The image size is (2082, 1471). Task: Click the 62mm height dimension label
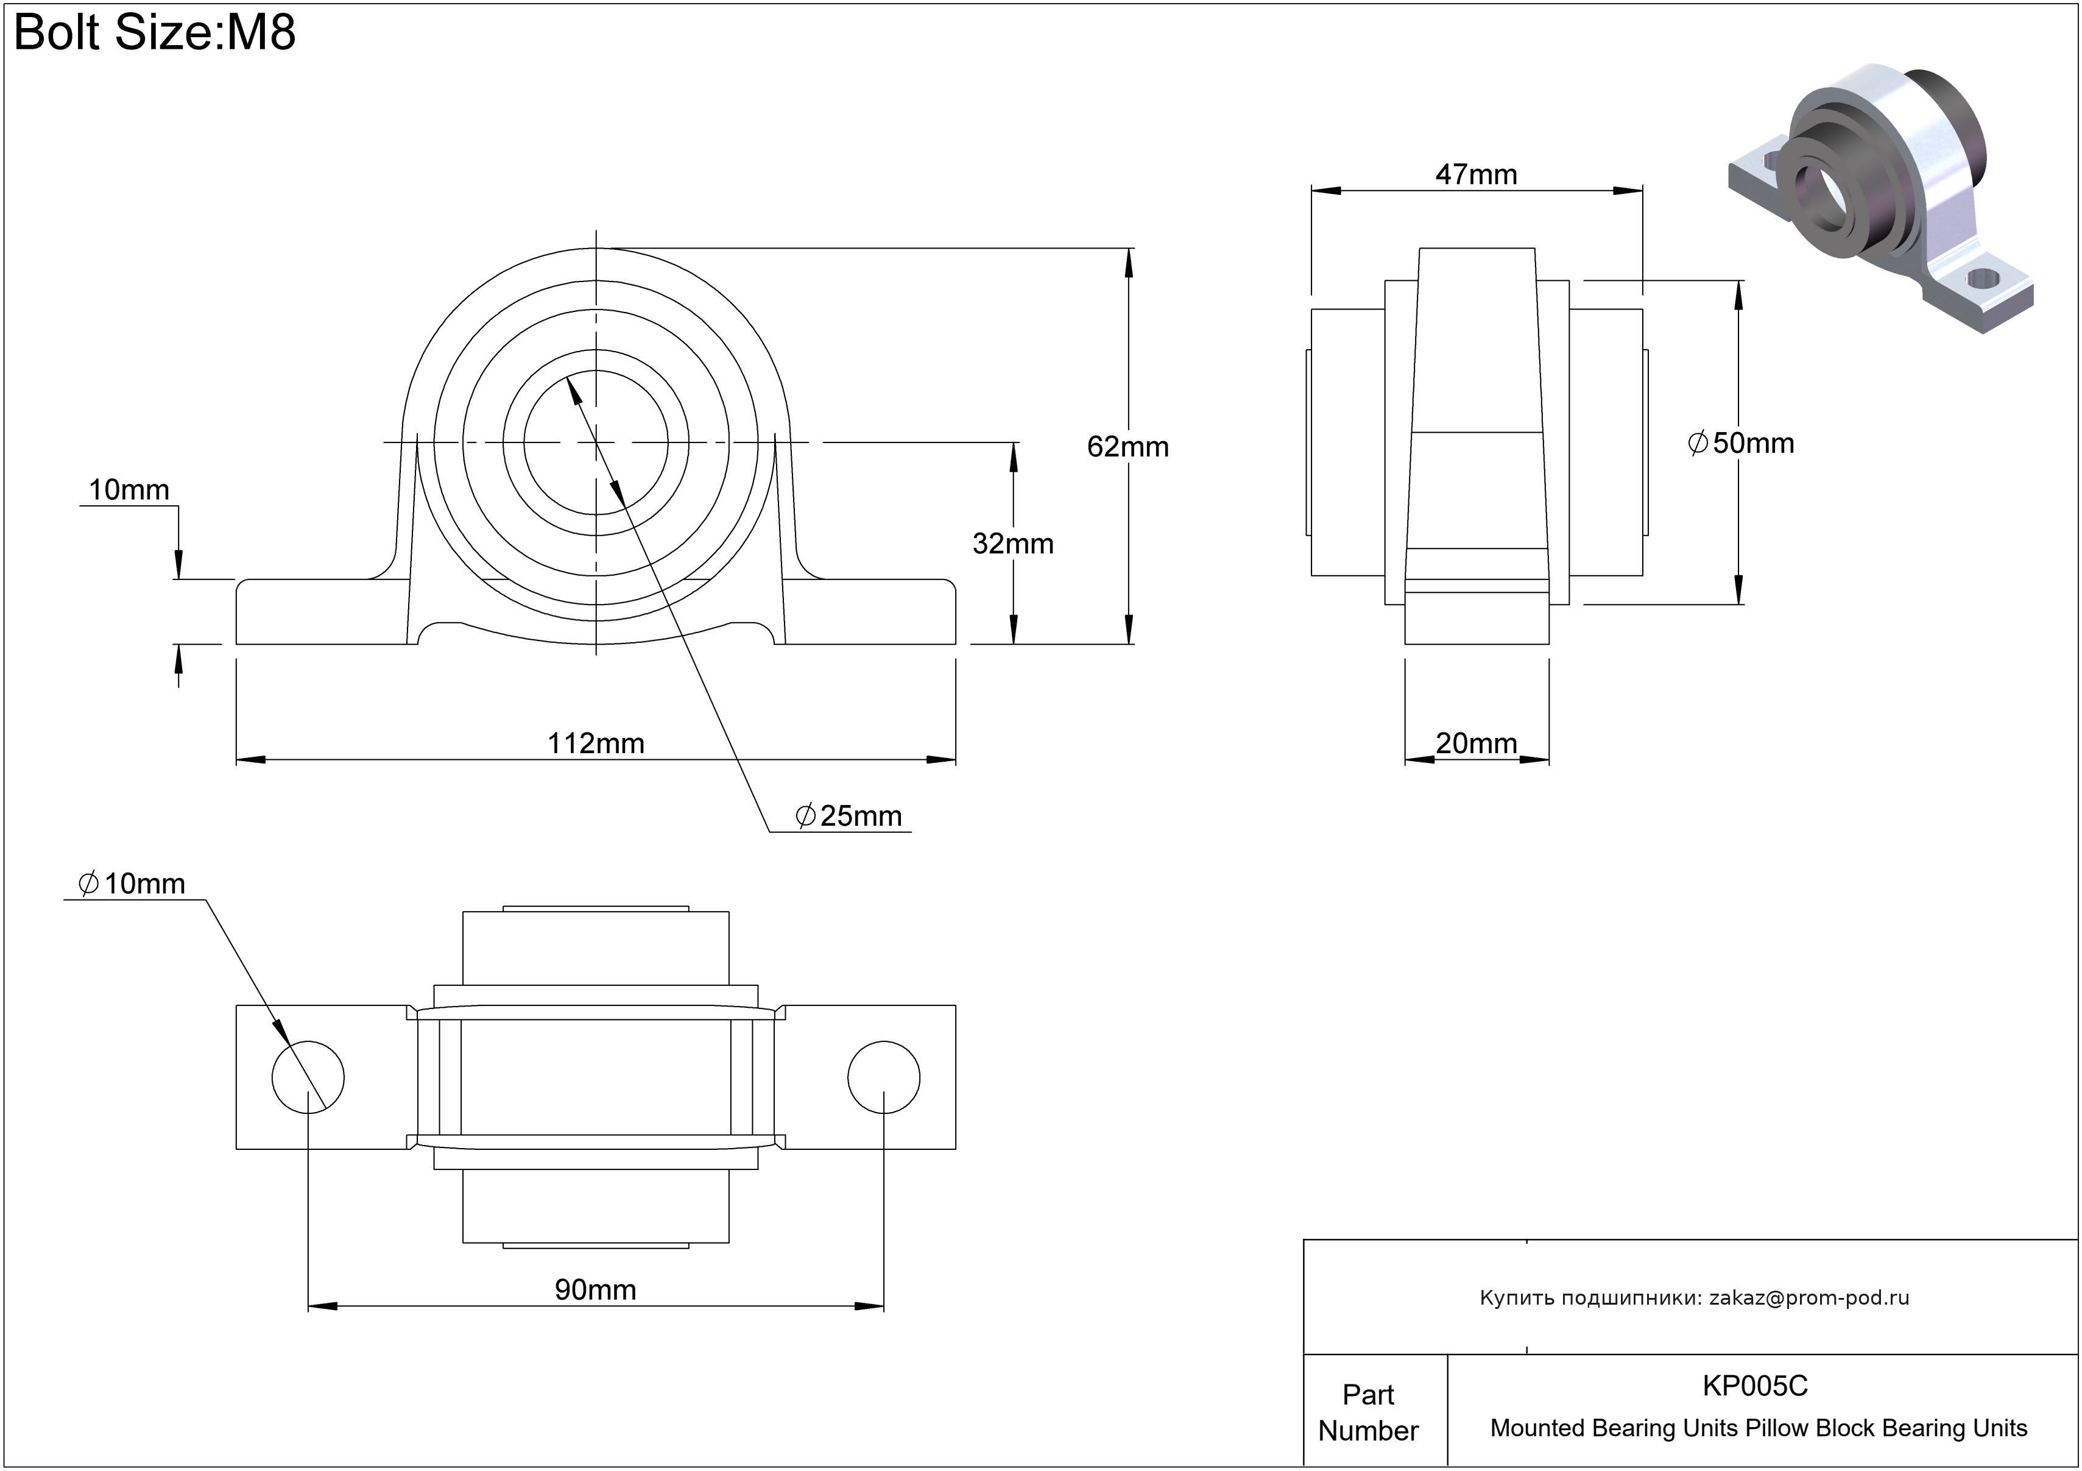tap(1127, 446)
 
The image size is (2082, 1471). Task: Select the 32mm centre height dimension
tap(1012, 543)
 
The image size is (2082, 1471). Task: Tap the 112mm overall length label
tap(596, 743)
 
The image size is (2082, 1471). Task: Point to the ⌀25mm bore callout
tap(850, 816)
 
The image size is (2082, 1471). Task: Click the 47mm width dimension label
tap(1475, 174)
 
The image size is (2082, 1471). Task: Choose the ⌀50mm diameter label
tap(1741, 442)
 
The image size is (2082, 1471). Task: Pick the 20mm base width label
tap(1475, 743)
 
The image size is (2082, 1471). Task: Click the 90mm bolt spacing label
tap(595, 1289)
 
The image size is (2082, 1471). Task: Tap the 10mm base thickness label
tap(129, 490)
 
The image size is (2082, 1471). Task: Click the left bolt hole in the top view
tap(308, 1077)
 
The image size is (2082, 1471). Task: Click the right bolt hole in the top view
tap(883, 1077)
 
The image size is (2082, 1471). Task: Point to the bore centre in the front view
tap(596, 442)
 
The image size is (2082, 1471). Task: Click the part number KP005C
tap(1755, 1386)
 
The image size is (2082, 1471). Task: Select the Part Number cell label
tap(1367, 1412)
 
